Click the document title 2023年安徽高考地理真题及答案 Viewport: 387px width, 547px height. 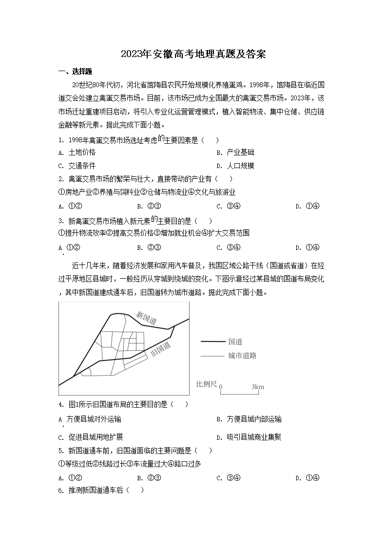[x=193, y=54]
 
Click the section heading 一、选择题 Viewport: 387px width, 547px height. [x=75, y=72]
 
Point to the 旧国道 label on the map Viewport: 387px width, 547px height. [x=161, y=349]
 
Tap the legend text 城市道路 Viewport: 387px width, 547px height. [x=242, y=356]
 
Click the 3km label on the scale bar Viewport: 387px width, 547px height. [x=257, y=387]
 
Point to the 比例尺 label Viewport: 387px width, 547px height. [x=206, y=384]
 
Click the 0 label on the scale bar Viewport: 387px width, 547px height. [x=221, y=387]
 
